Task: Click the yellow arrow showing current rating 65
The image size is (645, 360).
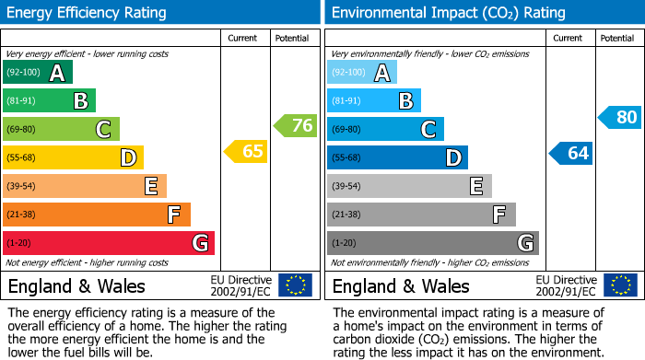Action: (x=247, y=152)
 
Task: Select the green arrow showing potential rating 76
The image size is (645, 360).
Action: (x=296, y=126)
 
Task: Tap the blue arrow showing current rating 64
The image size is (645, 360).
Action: (x=571, y=153)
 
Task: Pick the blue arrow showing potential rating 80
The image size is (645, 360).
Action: (x=619, y=117)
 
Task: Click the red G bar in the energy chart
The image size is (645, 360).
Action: (x=109, y=243)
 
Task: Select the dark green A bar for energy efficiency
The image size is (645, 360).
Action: (x=38, y=73)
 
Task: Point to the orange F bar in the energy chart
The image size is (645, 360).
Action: (x=97, y=215)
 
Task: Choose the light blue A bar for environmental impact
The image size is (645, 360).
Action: (x=362, y=73)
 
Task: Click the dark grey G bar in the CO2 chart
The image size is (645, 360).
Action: (x=432, y=243)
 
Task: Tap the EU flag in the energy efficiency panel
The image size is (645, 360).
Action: (x=296, y=285)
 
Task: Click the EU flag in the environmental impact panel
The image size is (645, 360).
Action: (x=620, y=285)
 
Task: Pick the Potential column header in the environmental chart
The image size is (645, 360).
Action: (x=617, y=38)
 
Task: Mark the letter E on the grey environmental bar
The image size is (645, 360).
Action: (x=476, y=187)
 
